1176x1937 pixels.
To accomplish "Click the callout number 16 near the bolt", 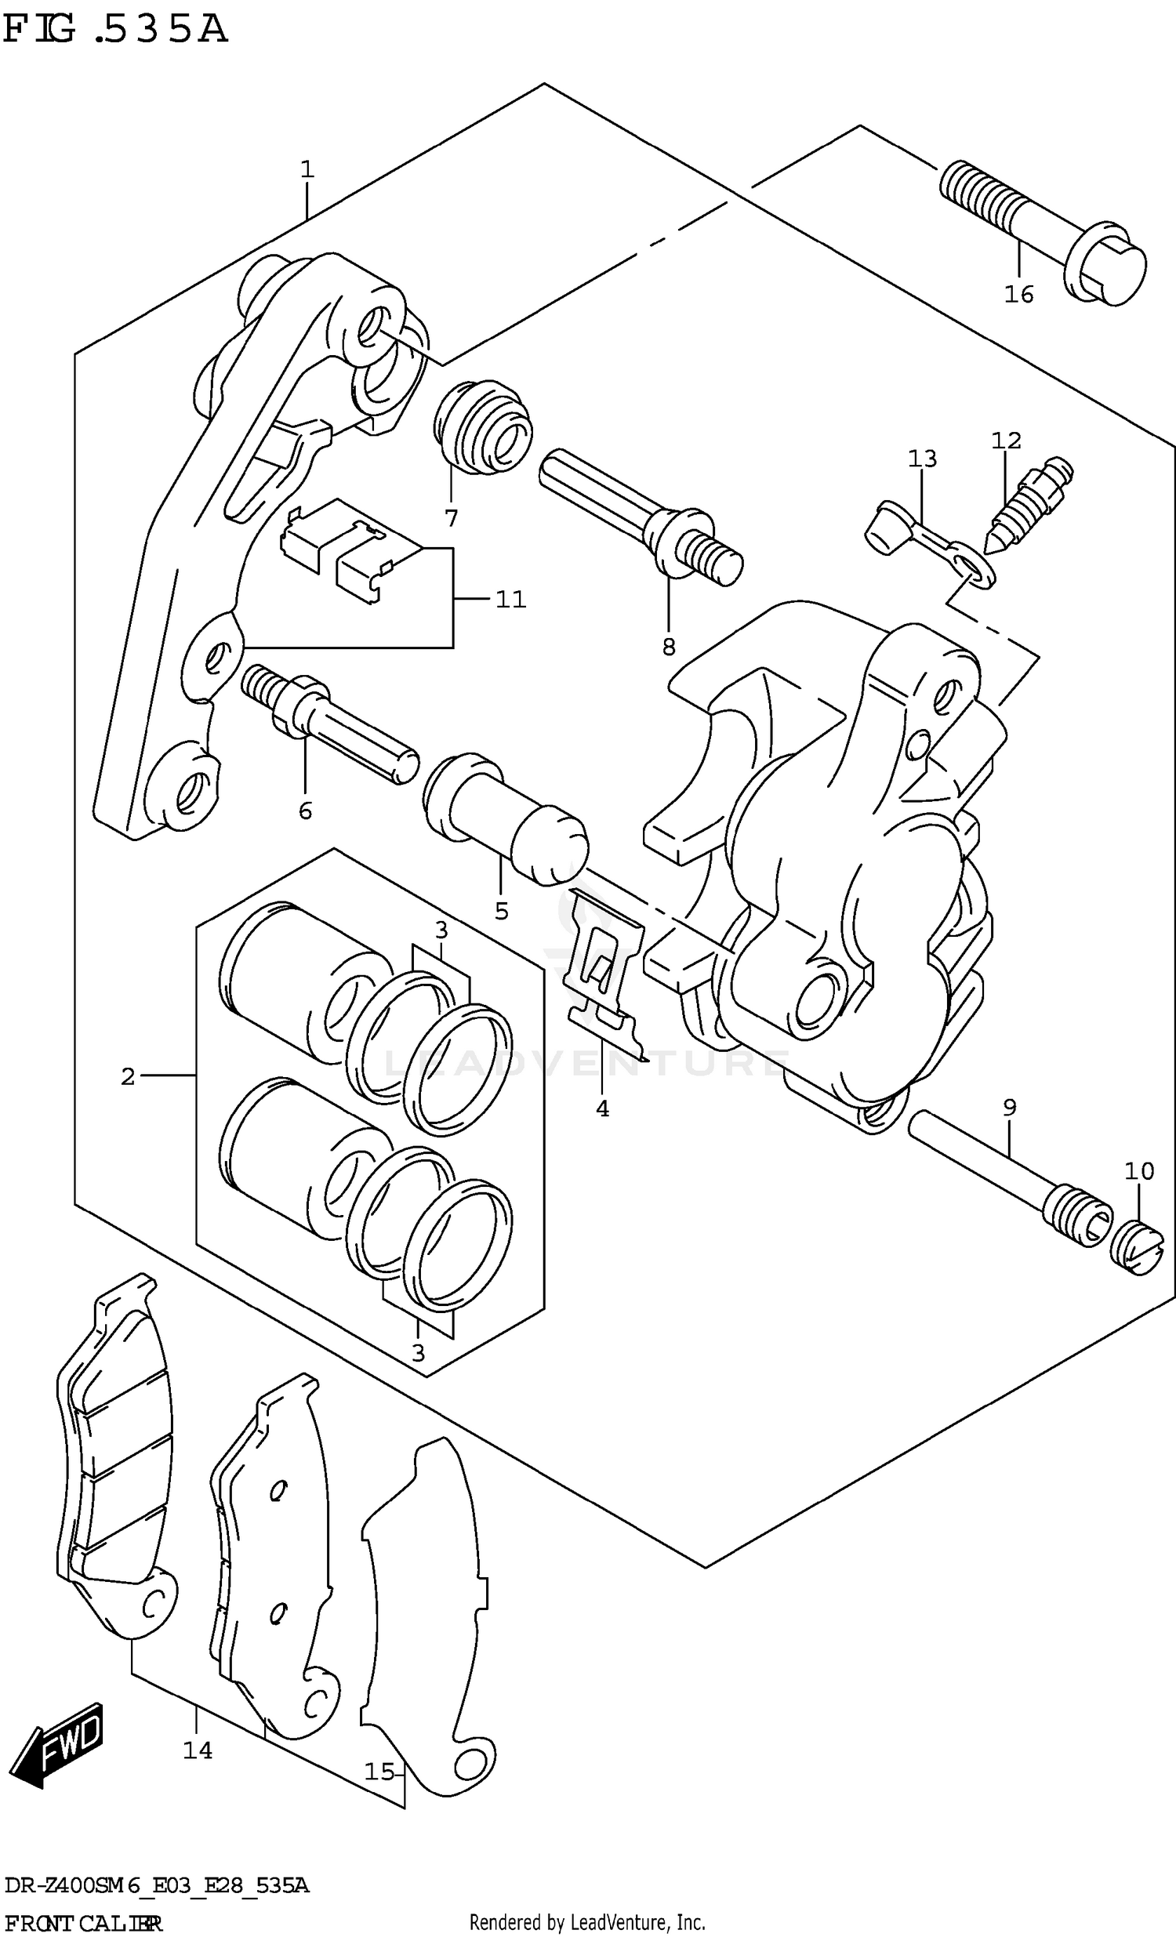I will [1018, 294].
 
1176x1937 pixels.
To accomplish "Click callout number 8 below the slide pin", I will [668, 647].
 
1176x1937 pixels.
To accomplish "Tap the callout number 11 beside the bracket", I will [510, 600].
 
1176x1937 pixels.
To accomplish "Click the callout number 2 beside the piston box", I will [128, 1076].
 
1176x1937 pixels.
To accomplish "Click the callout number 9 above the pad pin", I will [1009, 1108].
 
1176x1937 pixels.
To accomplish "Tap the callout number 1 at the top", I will [307, 169].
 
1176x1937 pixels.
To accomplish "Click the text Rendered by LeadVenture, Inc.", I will [586, 1923].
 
